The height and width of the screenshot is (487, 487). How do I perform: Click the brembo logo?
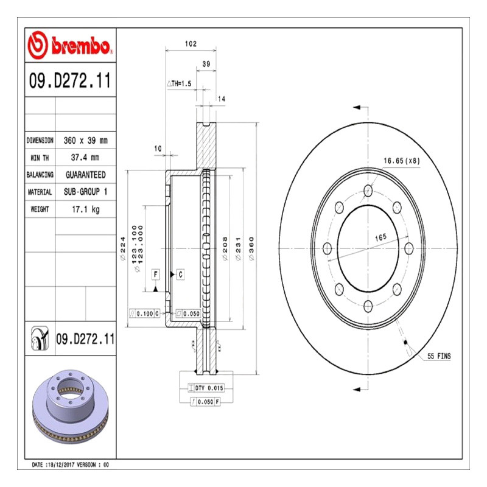click(70, 45)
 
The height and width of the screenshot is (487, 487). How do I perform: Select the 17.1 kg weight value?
click(86, 209)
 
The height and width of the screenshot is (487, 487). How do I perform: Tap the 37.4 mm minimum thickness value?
click(85, 158)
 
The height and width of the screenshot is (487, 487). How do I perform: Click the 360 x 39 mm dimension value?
click(85, 141)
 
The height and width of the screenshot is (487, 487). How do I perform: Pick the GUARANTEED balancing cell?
click(85, 175)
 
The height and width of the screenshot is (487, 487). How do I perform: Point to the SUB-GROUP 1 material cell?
click(85, 192)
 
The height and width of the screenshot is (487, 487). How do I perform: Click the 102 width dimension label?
click(191, 44)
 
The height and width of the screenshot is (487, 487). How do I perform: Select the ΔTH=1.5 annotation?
click(179, 83)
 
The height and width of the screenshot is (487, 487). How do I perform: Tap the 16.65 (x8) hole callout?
click(402, 161)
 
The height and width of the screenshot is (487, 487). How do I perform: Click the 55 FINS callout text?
click(439, 356)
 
